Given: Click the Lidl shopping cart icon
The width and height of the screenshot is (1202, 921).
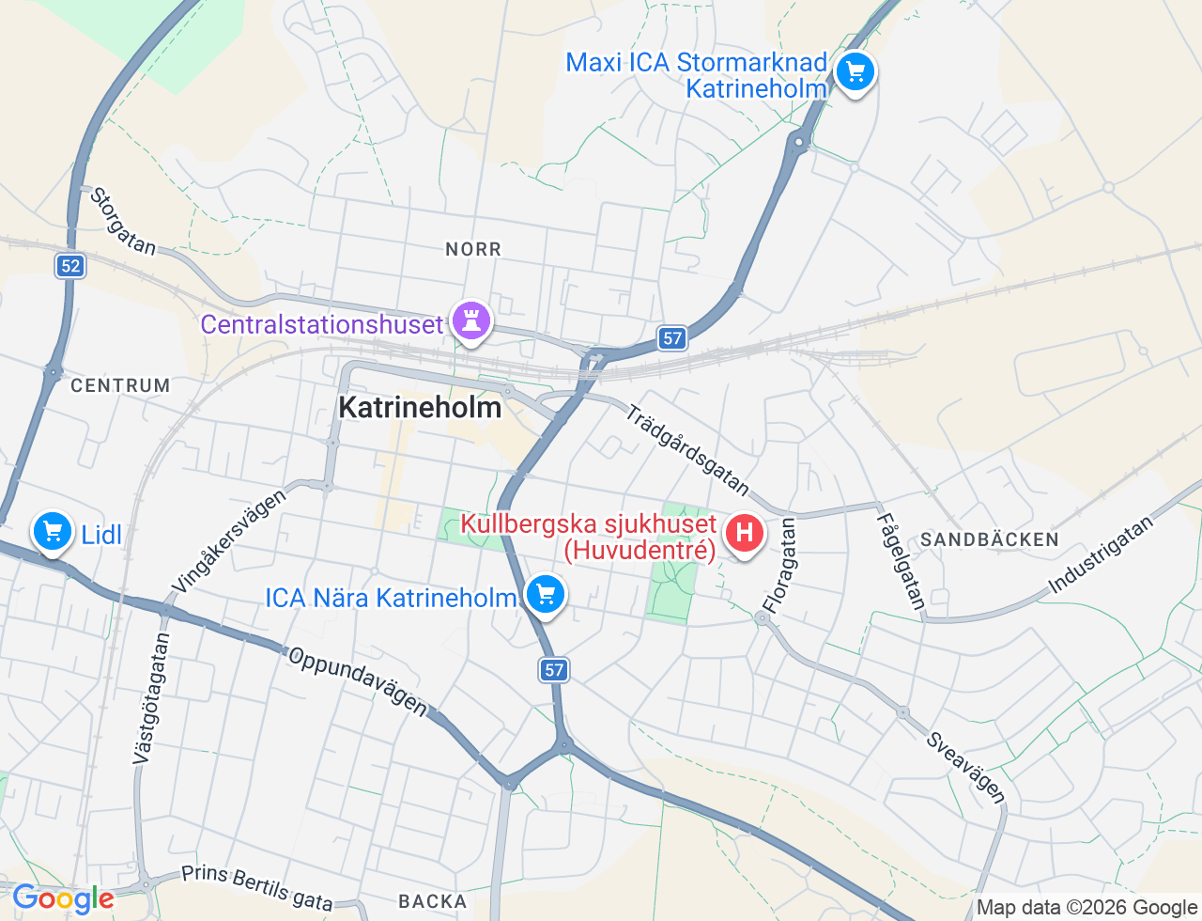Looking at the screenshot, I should pos(53,533).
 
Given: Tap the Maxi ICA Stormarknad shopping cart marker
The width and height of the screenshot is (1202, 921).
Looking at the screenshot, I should pos(855,71).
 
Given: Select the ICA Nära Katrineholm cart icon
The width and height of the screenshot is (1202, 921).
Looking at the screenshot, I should pos(545,594).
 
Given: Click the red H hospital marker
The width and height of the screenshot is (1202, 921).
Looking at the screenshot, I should pos(744,533).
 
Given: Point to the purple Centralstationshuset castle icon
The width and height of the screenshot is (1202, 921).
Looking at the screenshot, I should pos(471,321).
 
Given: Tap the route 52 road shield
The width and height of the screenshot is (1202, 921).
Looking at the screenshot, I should pos(70,266).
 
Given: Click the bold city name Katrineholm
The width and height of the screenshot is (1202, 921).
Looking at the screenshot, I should pos(420,408).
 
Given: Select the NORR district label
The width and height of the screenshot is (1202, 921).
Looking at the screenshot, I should pos(473,249).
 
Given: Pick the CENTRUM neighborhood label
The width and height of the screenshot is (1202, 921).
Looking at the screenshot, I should pos(120,385).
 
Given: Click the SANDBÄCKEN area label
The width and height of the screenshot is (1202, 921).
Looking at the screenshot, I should pos(990,539).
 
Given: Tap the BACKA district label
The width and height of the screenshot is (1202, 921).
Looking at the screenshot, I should pos(433,901).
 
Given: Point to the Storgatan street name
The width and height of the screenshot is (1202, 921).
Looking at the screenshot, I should pos(123,221).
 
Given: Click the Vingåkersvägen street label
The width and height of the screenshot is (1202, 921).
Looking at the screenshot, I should pos(228,541).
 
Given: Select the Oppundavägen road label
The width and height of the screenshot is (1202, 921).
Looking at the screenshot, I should pos(357,681).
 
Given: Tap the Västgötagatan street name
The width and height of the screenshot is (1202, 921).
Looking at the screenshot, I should pos(151,698).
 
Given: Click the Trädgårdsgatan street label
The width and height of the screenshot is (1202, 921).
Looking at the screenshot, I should pos(688,449).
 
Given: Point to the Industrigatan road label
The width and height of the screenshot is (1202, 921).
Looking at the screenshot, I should pos(1100,554).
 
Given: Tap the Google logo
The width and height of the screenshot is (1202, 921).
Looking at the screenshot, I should pos(63,899).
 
